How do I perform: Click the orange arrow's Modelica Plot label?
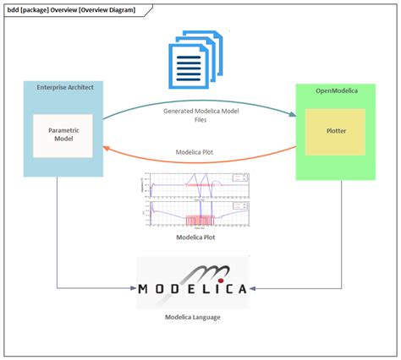(200, 154)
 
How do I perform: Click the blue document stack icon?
(195, 58)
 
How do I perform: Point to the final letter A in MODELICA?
(241, 288)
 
